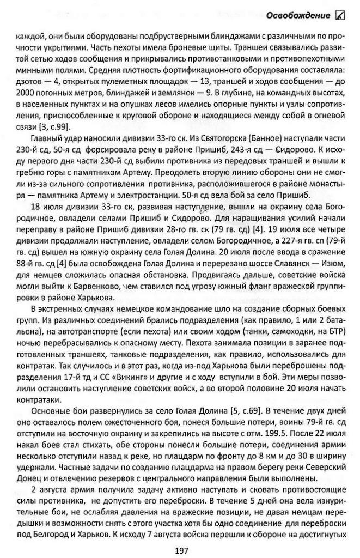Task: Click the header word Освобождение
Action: (298, 15)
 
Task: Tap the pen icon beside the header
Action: (340, 15)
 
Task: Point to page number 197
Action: (182, 551)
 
